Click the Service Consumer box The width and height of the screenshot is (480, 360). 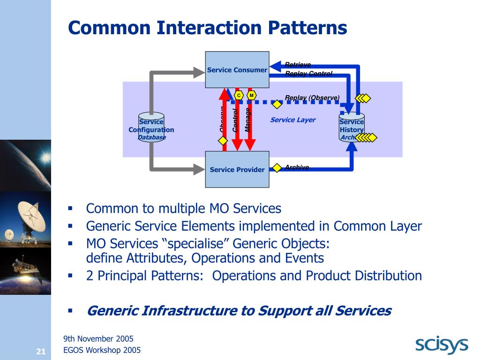click(237, 70)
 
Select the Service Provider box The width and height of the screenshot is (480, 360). click(237, 169)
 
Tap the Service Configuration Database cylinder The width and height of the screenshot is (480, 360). click(151, 127)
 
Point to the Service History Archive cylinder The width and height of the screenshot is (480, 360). click(352, 127)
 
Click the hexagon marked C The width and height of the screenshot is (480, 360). click(239, 96)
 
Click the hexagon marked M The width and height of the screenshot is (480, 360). click(252, 96)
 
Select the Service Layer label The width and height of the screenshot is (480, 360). click(292, 120)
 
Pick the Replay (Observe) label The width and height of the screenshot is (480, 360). click(312, 97)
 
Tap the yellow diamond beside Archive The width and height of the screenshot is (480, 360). click(277, 168)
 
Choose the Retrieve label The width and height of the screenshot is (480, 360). click(298, 65)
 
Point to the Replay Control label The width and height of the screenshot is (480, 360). click(308, 74)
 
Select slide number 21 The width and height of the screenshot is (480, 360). click(40, 352)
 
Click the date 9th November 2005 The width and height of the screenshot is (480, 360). click(98, 338)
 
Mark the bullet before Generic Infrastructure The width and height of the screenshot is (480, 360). click(70, 310)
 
